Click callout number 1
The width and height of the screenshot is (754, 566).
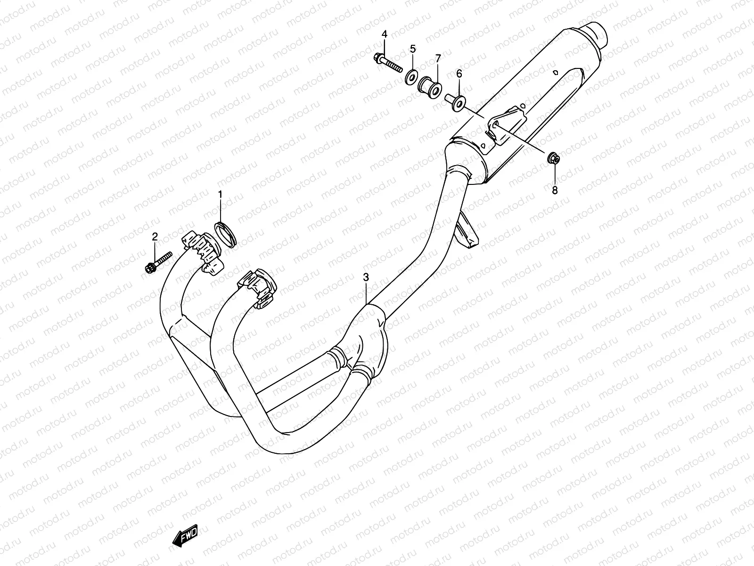220,194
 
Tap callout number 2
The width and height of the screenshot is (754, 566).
154,237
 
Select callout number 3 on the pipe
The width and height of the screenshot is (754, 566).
366,277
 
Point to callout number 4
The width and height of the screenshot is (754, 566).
384,34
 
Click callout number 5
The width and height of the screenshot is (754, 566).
412,48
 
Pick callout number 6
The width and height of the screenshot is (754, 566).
459,74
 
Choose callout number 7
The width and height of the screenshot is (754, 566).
438,58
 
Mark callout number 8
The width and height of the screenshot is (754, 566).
555,190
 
